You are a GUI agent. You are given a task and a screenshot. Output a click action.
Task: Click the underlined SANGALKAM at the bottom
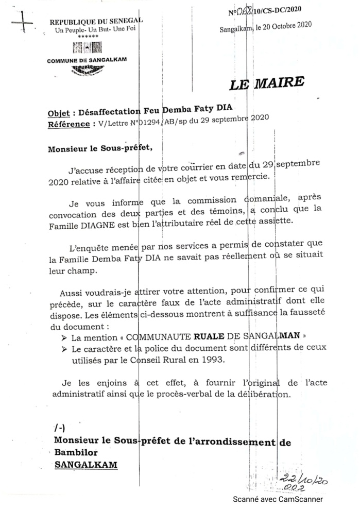(85, 465)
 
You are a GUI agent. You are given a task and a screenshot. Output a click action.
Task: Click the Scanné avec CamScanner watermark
(278, 499)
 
